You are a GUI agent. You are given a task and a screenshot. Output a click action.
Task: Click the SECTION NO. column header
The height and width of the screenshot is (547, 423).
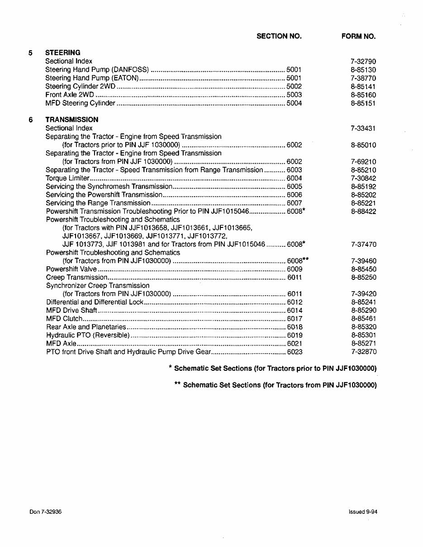279,36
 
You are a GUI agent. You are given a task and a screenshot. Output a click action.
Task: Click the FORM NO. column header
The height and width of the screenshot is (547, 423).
358,36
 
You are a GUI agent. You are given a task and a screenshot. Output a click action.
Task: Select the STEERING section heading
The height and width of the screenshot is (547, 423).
63,52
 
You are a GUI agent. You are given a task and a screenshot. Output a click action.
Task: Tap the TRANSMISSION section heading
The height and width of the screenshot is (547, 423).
72,120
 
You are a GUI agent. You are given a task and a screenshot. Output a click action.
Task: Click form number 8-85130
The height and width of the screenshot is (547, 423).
363,70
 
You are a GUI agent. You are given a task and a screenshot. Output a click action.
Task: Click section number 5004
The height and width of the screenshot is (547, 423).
294,103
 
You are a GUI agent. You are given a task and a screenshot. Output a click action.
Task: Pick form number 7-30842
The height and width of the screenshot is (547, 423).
363,178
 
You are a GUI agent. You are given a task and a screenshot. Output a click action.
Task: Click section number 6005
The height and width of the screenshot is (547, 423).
294,186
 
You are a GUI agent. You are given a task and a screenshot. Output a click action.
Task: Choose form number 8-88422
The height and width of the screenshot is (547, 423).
363,211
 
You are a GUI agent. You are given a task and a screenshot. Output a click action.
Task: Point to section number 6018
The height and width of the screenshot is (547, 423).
295,327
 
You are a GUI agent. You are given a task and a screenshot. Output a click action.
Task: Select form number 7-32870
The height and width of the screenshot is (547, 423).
363,352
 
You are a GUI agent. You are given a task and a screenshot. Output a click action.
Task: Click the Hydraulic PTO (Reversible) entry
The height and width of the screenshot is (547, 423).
88,335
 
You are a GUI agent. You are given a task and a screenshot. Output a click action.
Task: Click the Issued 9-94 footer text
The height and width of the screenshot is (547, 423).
363,511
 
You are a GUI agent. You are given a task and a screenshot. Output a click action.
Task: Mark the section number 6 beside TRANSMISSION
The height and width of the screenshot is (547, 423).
30,120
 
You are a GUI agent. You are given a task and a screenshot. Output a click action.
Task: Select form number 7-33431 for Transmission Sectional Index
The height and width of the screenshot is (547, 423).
363,128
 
